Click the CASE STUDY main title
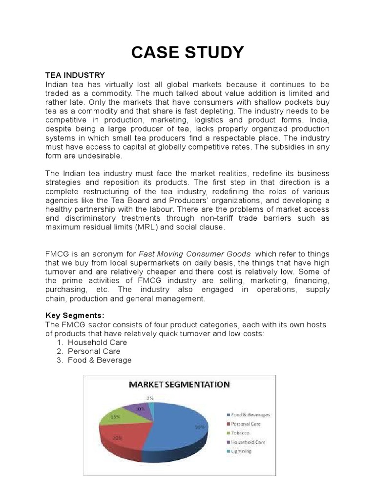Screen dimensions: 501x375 pyautogui.click(x=187, y=52)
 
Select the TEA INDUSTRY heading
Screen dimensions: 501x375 pyautogui.click(x=75, y=75)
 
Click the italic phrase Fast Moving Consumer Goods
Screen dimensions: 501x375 pyautogui.click(x=195, y=254)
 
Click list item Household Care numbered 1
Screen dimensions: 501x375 pyautogui.click(x=97, y=342)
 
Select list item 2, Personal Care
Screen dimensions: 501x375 pyautogui.click(x=94, y=351)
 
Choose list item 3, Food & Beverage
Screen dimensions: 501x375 pyautogui.click(x=100, y=360)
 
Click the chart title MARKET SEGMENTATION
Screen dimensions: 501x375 pyautogui.click(x=179, y=385)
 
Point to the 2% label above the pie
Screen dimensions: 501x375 pyautogui.click(x=151, y=398)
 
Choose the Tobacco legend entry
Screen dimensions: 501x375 pyautogui.click(x=240, y=433)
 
